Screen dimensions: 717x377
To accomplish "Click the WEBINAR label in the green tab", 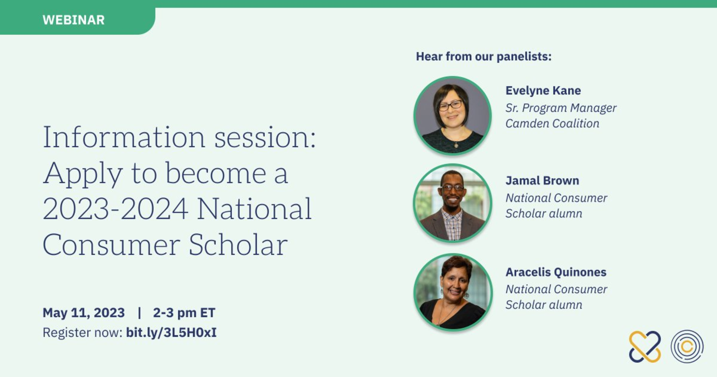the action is (x=73, y=20).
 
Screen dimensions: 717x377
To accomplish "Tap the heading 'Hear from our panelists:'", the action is (x=484, y=57).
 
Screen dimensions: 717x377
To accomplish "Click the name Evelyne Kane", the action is (x=543, y=91).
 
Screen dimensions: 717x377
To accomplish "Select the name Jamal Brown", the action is (x=542, y=181).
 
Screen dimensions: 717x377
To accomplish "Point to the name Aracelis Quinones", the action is (x=556, y=272).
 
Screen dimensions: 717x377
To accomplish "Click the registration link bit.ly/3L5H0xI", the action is (x=171, y=332).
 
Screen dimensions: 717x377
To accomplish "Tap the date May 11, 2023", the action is (x=84, y=313).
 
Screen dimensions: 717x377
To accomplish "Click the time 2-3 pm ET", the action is (x=184, y=313).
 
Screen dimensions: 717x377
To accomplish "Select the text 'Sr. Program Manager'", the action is (x=561, y=108).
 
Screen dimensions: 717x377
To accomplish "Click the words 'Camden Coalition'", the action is (x=552, y=123).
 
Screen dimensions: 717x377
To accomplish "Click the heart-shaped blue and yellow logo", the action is (x=645, y=347).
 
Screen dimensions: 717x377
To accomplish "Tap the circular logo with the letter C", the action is (x=687, y=347).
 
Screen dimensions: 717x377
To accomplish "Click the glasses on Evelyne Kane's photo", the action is (x=450, y=105).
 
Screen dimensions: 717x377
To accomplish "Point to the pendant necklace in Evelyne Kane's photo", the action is (x=456, y=145).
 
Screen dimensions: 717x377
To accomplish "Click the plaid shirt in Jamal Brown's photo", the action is (x=452, y=224).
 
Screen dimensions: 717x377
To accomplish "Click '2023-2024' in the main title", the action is (x=116, y=209).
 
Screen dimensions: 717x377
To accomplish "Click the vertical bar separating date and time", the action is (x=139, y=313).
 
